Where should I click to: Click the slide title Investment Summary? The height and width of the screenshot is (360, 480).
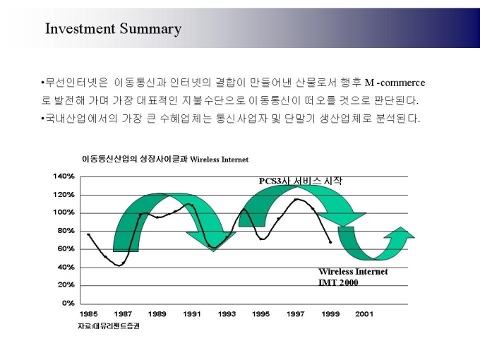(x=113, y=29)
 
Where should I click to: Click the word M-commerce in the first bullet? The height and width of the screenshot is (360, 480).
(x=395, y=83)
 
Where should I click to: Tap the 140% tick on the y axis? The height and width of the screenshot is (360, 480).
(x=64, y=176)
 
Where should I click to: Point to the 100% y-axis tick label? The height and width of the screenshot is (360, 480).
(x=64, y=212)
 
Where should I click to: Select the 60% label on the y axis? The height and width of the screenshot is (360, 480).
(x=66, y=248)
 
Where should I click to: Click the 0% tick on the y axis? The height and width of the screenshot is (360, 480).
(x=68, y=303)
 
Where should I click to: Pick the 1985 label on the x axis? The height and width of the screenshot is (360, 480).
(x=88, y=313)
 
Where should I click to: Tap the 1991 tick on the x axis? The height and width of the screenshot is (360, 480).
(x=192, y=313)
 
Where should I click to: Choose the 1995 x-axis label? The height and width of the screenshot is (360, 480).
(x=261, y=313)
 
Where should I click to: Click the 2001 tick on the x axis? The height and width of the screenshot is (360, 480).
(x=364, y=313)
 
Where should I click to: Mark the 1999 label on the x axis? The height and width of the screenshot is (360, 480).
(x=330, y=313)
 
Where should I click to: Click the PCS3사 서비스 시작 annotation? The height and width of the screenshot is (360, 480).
(x=300, y=181)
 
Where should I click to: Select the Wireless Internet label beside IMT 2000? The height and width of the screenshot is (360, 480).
(x=353, y=272)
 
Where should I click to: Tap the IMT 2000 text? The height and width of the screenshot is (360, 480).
(x=338, y=282)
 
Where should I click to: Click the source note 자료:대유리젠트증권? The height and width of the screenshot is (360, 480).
(x=108, y=325)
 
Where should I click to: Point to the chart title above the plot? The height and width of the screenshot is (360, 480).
(x=165, y=160)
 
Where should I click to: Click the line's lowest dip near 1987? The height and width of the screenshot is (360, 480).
(x=120, y=265)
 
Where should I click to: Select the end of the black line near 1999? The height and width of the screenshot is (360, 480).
(x=330, y=242)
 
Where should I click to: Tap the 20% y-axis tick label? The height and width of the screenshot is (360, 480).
(x=66, y=285)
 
